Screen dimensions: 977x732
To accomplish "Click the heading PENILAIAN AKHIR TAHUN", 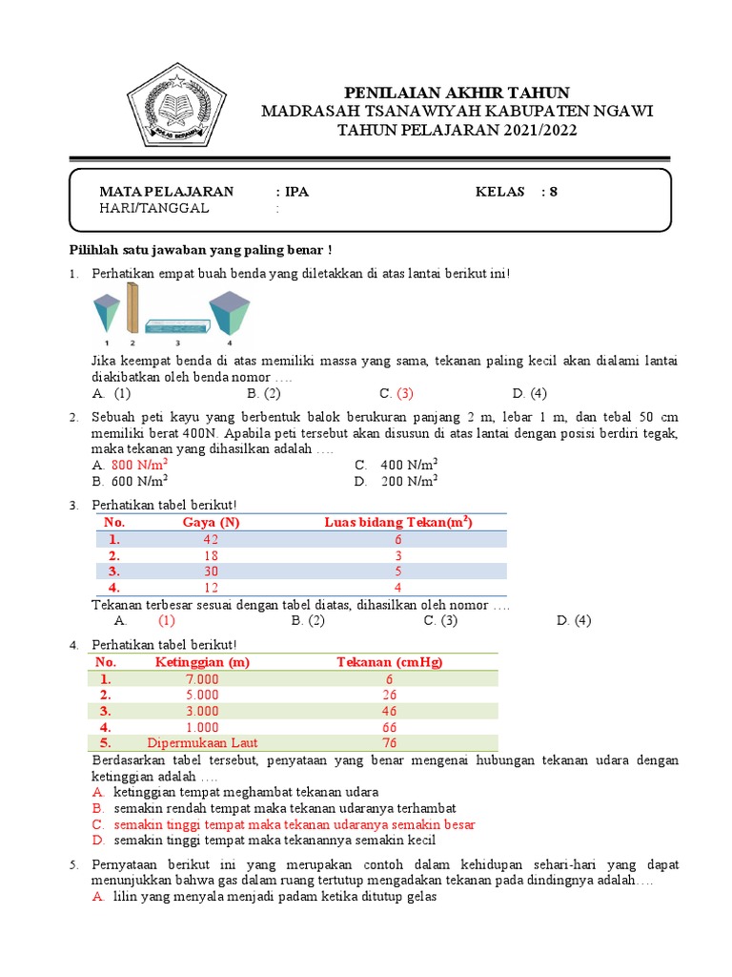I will tap(457, 93).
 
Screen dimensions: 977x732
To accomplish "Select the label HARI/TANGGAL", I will tap(153, 209).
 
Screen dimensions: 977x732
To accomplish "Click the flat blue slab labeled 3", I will tap(177, 323).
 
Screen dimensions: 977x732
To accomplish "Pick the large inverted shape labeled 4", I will tap(229, 315).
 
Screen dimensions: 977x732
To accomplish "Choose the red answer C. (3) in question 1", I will tap(396, 393).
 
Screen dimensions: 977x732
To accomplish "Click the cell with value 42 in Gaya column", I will tap(211, 539).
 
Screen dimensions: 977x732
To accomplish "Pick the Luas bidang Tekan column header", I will tap(398, 522).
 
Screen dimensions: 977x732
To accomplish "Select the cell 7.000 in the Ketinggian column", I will tap(201, 678).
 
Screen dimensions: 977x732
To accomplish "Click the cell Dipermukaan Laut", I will tap(202, 742).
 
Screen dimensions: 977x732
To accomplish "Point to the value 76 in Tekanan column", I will tap(390, 742).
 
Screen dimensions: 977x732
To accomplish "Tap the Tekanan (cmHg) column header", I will tap(390, 662).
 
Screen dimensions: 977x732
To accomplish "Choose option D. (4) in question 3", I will tap(575, 620).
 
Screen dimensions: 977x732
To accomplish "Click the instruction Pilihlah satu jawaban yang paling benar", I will tap(200, 250).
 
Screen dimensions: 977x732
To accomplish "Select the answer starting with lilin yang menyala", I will tap(274, 897).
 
